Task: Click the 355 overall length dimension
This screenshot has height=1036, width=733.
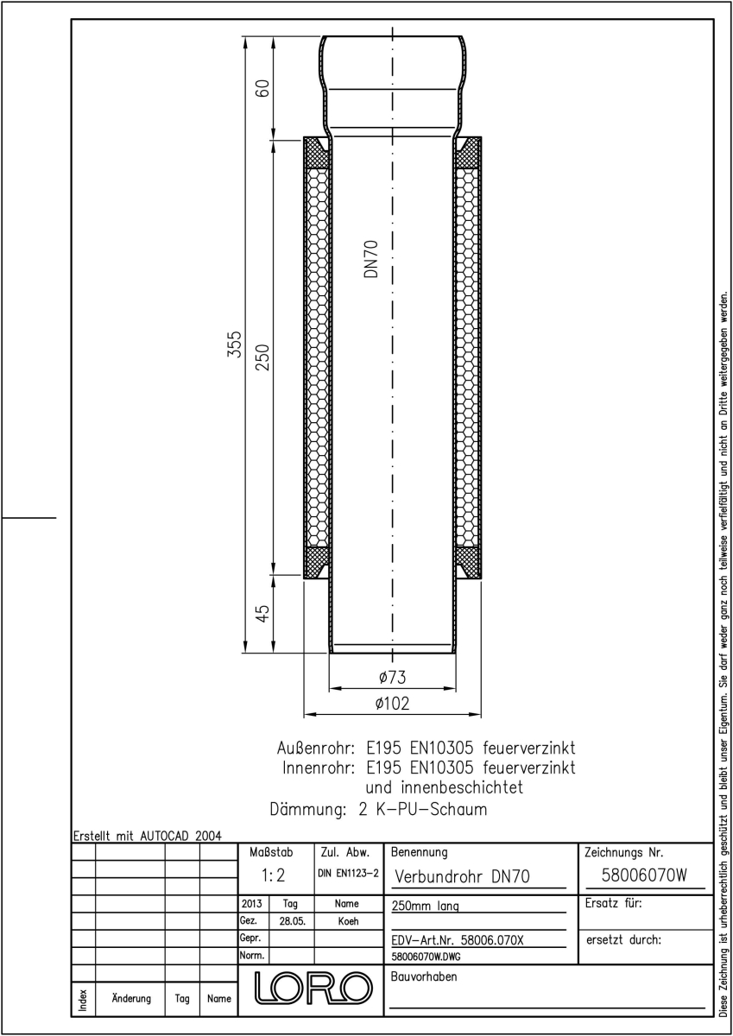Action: coord(236,344)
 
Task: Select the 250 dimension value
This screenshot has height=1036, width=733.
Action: coord(262,357)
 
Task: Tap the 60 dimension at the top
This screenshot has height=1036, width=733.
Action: coord(262,88)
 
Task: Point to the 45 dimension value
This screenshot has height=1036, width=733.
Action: coord(262,613)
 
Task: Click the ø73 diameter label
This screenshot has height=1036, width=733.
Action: coord(392,678)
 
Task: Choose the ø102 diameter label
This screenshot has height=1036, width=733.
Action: coord(392,704)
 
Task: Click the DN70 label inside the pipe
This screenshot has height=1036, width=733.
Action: coord(371,258)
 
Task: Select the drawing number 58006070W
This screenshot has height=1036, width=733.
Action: coord(644,875)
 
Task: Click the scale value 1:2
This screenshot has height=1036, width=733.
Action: coord(273,875)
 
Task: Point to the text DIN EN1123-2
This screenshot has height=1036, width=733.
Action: coord(348,873)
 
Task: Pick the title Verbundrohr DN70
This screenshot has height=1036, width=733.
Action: coord(462,876)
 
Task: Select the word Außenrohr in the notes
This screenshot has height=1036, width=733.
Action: coord(316,748)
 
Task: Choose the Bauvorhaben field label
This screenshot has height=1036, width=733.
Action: coord(424,976)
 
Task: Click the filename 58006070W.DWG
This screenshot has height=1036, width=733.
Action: coord(426,957)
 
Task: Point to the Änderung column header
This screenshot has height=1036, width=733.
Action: coord(131,998)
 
